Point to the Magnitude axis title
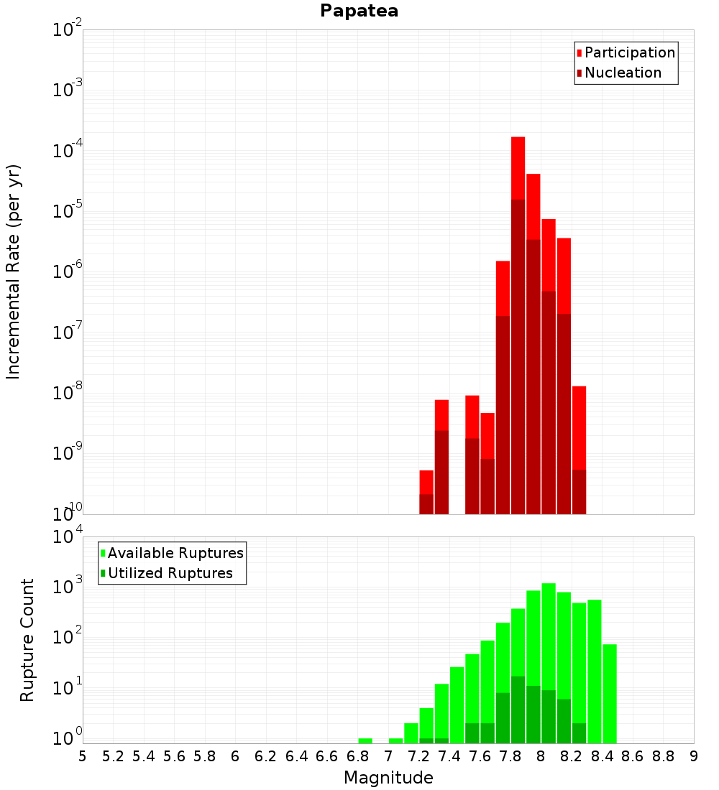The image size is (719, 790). pos(388,778)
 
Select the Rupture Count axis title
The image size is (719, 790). pos(27,639)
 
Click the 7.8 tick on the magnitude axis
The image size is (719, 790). pos(510,756)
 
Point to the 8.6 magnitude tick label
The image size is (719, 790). pos(633,756)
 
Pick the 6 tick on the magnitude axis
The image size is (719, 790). pos(235,756)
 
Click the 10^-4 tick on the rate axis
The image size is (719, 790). pos(68,152)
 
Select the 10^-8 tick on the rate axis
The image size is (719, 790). pos(68,394)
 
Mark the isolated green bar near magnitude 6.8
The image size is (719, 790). pos(365,740)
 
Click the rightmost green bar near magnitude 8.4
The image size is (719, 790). pos(610,693)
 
